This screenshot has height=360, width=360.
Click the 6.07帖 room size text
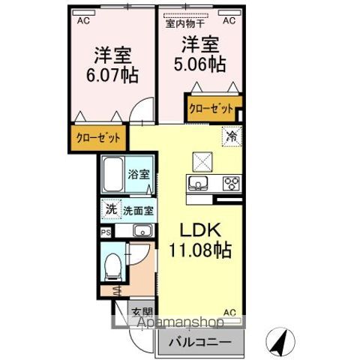tap(112, 75)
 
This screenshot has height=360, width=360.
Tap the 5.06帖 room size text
tap(199, 64)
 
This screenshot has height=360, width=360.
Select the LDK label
tap(200, 229)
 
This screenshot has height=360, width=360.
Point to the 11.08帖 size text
tap(200, 250)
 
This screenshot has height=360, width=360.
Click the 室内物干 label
tap(185, 24)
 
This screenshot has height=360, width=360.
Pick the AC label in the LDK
tap(229, 313)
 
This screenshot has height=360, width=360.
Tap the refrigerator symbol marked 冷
tap(232, 136)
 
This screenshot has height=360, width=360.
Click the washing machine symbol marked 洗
tap(111, 209)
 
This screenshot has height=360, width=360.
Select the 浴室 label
tap(139, 174)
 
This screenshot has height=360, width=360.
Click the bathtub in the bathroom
tap(113, 174)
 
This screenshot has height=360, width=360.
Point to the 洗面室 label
tap(138, 211)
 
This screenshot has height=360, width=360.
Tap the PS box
tap(106, 232)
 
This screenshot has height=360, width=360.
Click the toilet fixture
tap(112, 267)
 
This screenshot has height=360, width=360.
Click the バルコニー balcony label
tap(200, 342)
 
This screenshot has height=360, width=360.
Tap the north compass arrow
tap(280, 343)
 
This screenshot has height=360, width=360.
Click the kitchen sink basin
tap(198, 183)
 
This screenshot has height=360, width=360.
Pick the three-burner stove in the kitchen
tap(231, 184)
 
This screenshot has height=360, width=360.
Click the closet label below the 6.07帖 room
tap(98, 138)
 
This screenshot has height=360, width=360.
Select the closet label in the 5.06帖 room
tap(211, 109)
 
